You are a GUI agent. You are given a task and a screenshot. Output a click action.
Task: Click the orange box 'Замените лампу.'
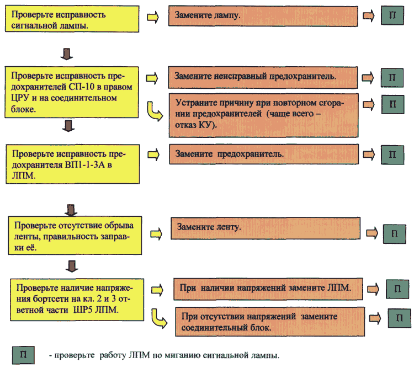pos(263,16)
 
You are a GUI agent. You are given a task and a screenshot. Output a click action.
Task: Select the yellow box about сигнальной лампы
pos(72,19)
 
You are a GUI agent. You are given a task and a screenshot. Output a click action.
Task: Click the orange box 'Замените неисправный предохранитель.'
pos(263,78)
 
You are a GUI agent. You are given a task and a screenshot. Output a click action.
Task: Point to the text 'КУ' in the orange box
pos(204,125)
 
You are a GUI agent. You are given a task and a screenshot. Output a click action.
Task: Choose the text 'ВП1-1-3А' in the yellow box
pos(84,165)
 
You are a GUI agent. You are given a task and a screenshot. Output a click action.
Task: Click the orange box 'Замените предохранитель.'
pos(264,154)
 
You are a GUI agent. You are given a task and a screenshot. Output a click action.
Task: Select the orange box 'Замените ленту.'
pos(266,228)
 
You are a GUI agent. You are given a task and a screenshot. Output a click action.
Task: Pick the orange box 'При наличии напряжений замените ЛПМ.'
pos(268,289)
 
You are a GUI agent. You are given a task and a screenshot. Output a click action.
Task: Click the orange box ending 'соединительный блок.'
pos(270,322)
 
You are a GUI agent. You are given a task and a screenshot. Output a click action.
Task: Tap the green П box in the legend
pos(23,355)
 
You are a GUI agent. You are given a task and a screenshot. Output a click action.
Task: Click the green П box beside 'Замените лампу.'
pos(392,15)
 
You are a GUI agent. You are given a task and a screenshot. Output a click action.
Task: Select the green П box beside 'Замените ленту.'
pos(395,234)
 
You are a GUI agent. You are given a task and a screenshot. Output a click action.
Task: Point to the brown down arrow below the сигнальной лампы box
pos(67,54)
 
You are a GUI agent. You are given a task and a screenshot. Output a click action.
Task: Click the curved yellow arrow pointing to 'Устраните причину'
pos(155,111)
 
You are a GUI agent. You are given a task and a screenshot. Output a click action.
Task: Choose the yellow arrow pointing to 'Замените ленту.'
pos(156,234)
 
